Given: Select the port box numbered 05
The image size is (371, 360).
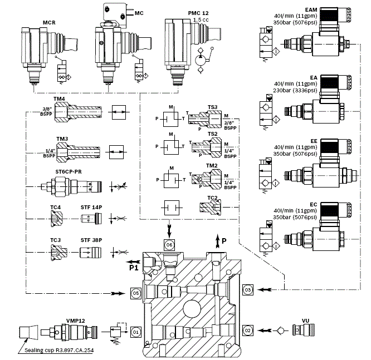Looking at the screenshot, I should click(x=134, y=291).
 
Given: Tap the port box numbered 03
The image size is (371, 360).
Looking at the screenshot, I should click(x=248, y=289).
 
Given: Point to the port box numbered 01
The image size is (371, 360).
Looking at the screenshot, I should click(x=134, y=332).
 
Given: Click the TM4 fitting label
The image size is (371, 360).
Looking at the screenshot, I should click(x=60, y=99).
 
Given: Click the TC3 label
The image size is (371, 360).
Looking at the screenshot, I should click(x=55, y=240).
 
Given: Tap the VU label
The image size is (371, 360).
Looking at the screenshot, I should click(x=305, y=320).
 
